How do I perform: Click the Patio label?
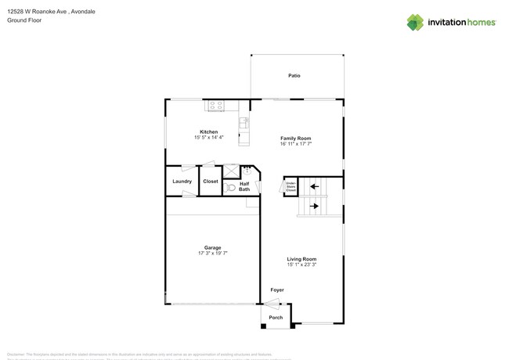(294, 76)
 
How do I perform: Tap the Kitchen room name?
(208, 131)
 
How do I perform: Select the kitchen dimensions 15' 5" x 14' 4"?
(208, 138)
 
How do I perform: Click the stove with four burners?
(215, 106)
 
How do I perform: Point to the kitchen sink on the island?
(244, 122)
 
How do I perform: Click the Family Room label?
(295, 139)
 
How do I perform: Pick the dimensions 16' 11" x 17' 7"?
(295, 144)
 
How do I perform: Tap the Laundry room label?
(182, 182)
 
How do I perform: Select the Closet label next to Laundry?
(211, 182)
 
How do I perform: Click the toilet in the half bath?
(230, 188)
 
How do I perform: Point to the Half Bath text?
(244, 186)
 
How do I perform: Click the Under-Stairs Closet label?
(291, 187)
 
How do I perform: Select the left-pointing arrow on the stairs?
(314, 186)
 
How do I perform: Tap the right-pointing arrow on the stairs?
(314, 207)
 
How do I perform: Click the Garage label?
(212, 247)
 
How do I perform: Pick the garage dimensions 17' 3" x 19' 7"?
(212, 253)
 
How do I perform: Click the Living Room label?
(301, 259)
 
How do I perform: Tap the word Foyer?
(277, 290)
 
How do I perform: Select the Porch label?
(276, 318)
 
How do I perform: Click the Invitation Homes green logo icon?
(415, 22)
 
